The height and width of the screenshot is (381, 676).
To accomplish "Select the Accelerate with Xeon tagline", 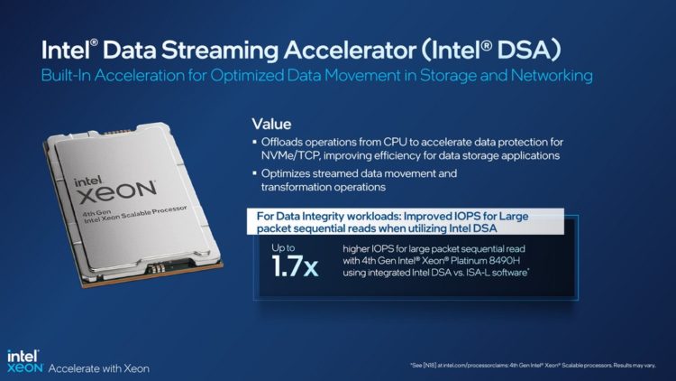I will [98, 368].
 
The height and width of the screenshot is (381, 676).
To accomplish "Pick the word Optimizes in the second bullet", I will [287, 172].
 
